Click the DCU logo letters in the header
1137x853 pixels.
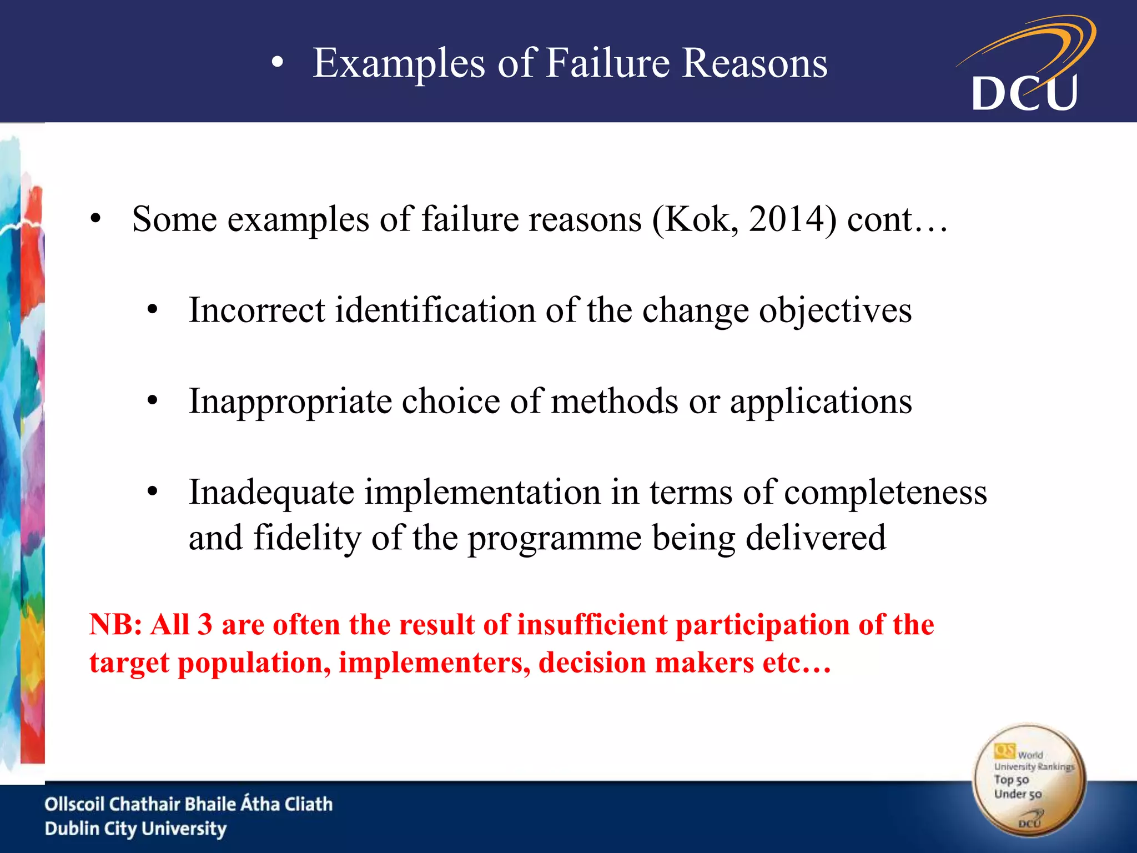pyautogui.click(x=1024, y=93)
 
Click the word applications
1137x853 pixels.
pyautogui.click(x=821, y=402)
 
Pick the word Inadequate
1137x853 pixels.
pyautogui.click(x=271, y=493)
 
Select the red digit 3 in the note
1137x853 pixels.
pyautogui.click(x=205, y=625)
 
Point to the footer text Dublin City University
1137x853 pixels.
pyautogui.click(x=135, y=829)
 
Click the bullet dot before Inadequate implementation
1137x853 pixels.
pyautogui.click(x=153, y=492)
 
